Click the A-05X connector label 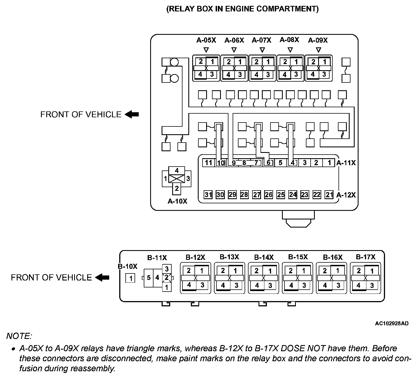click(206, 40)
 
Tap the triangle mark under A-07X click(262, 50)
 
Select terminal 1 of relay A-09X click(325, 62)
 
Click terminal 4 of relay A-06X click(228, 75)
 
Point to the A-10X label click(177, 201)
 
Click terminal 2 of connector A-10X click(177, 189)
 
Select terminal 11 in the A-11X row click(208, 163)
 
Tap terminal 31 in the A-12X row click(208, 195)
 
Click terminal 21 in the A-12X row click(329, 195)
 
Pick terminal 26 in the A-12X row click(269, 195)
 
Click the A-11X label click(346, 163)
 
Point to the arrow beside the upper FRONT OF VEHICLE click(132, 114)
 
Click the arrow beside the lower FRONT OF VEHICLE click(102, 277)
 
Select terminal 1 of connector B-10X click(130, 278)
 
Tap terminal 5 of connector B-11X click(148, 278)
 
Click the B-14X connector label click(264, 257)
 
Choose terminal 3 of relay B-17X click(372, 285)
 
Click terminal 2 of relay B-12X click(189, 270)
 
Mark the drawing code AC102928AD click(392, 323)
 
